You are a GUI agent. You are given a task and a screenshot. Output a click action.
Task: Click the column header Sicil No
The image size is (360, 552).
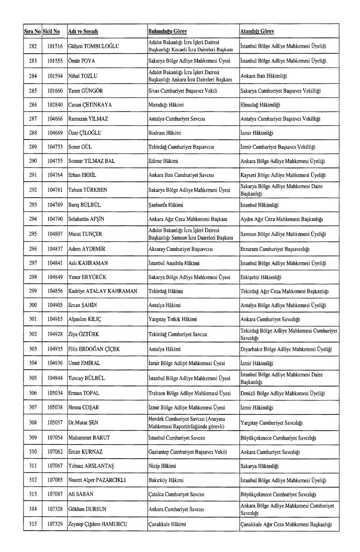click(x=51, y=31)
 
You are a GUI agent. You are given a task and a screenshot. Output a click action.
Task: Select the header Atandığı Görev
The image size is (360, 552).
click(x=257, y=31)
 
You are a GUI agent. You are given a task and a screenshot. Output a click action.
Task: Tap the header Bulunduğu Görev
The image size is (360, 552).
click(x=167, y=31)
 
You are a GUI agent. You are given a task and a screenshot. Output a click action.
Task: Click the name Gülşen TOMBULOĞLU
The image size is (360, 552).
click(x=93, y=46)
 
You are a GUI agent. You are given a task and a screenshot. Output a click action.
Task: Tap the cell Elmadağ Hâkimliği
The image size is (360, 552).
click(x=260, y=105)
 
